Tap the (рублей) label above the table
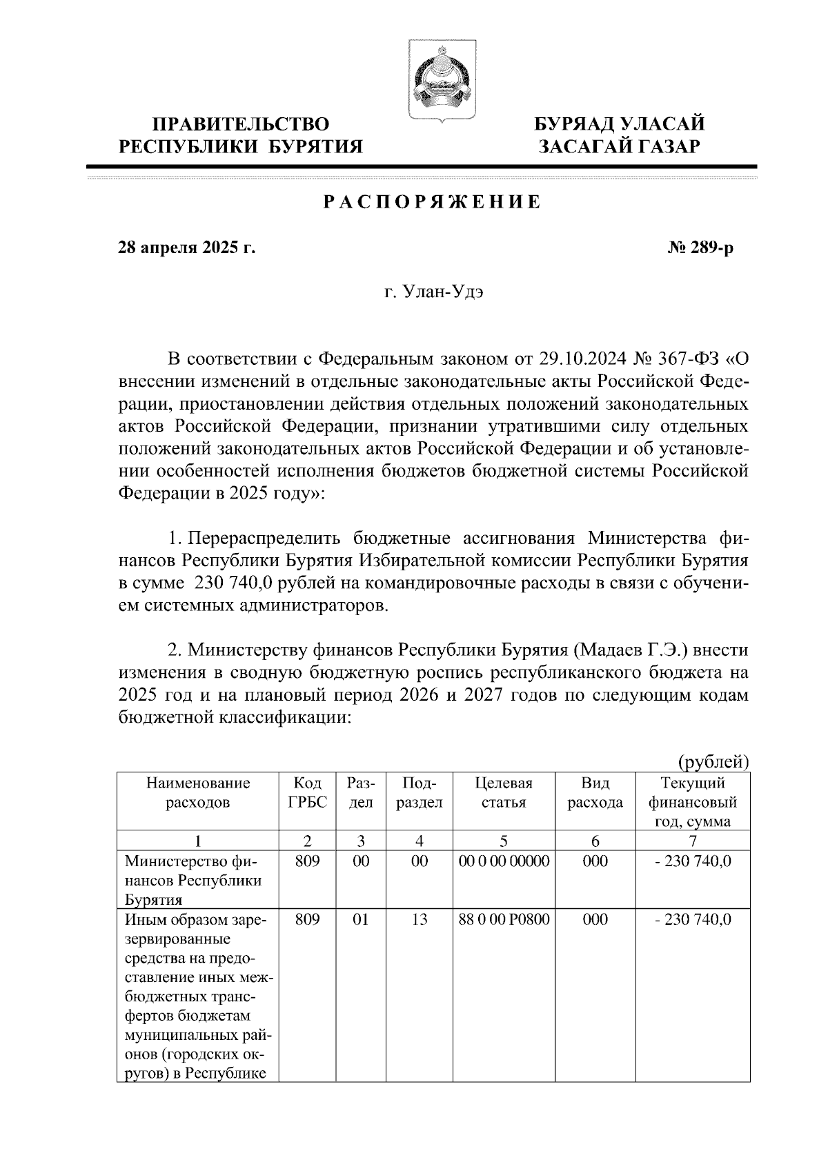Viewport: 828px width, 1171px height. click(x=714, y=762)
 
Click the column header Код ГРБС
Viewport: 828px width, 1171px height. click(x=307, y=792)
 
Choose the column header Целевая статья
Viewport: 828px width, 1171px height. click(x=504, y=792)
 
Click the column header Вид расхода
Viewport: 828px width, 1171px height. click(x=595, y=792)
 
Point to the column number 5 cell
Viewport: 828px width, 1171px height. click(x=504, y=840)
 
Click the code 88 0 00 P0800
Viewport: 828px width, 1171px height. click(x=504, y=919)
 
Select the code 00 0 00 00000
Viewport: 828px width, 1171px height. click(x=504, y=861)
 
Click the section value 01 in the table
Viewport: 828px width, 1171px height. click(x=361, y=919)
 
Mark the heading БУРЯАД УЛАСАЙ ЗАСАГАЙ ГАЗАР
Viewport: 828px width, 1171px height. click(x=620, y=135)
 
